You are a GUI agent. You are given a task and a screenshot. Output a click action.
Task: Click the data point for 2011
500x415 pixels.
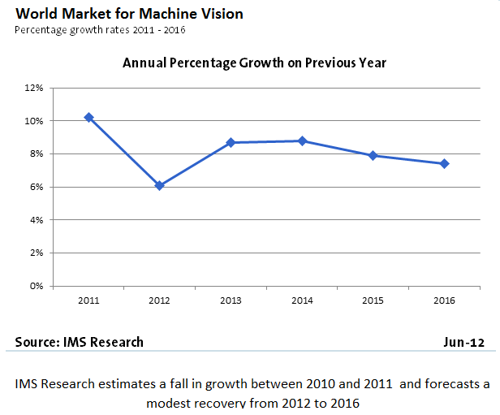point(88,118)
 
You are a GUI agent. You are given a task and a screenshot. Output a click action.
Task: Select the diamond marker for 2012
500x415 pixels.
point(160,185)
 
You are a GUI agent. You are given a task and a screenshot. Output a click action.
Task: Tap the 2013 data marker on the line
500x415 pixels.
point(231,142)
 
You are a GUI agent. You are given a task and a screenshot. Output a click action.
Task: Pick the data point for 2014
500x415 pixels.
point(302,140)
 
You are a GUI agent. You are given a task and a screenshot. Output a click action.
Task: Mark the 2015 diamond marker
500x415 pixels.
point(373,155)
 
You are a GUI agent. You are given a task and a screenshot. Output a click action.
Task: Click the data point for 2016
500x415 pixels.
point(444,163)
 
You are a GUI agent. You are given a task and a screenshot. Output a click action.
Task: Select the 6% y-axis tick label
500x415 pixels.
point(36,187)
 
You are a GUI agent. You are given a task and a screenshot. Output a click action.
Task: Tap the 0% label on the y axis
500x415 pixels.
point(36,286)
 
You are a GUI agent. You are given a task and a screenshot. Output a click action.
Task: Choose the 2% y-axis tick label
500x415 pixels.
point(36,253)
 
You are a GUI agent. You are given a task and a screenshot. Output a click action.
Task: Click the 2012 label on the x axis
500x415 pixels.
point(160,300)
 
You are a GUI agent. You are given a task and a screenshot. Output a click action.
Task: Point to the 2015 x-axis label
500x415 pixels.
point(373,300)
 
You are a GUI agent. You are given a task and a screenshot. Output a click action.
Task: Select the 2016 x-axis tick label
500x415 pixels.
point(444,300)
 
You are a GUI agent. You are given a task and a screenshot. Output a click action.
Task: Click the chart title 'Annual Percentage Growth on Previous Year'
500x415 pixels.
point(254,63)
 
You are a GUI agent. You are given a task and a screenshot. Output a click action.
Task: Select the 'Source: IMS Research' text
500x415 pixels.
point(80,342)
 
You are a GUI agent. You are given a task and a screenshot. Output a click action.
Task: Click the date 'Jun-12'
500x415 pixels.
point(463,342)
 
